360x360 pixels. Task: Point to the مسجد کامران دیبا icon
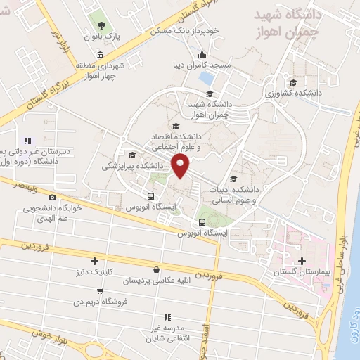coord(202,56)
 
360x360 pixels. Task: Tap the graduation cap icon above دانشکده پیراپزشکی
coord(132,155)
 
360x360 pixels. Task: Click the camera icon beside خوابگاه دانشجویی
coord(53,198)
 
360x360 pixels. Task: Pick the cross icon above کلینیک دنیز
coord(94,261)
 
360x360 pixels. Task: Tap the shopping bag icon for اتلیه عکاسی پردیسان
coord(156,269)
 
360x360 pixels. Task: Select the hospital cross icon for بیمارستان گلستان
coord(302,262)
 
